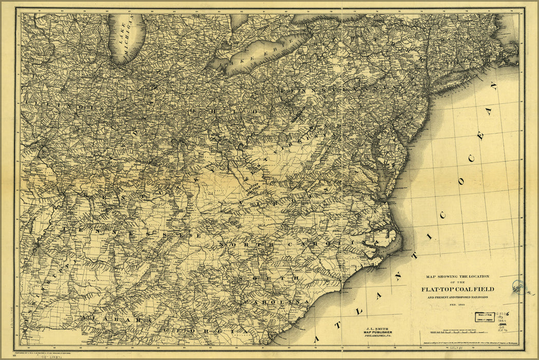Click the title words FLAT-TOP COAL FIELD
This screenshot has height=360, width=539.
(x=457, y=289)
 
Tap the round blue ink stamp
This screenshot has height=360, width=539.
(x=518, y=286)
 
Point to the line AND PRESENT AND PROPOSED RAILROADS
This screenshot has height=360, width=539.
(x=457, y=297)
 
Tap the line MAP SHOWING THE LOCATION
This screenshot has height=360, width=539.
(x=457, y=276)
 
